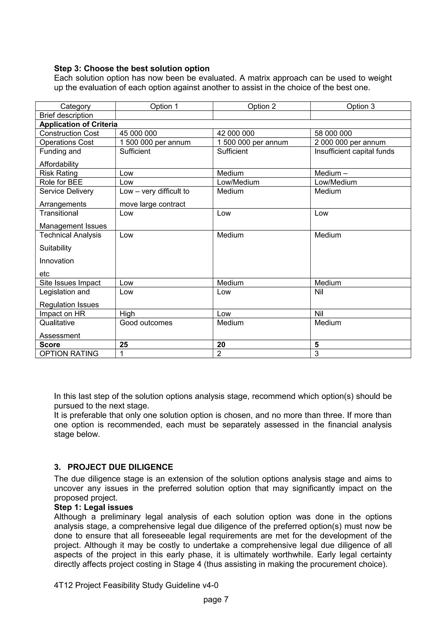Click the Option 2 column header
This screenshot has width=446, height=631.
(x=261, y=106)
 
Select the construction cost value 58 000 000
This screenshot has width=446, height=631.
(x=333, y=133)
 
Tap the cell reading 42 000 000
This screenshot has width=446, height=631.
(x=235, y=133)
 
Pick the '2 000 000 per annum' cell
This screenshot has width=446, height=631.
(x=350, y=142)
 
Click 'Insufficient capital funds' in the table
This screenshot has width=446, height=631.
(x=354, y=151)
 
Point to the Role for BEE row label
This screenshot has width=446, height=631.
(x=61, y=182)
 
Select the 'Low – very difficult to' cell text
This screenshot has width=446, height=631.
(x=154, y=191)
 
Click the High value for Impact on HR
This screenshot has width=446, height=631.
(x=127, y=314)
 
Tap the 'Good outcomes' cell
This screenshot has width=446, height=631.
(x=146, y=323)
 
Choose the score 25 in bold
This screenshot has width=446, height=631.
(x=124, y=345)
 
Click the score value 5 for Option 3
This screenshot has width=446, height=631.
(x=317, y=345)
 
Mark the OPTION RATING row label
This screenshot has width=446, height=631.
(x=69, y=353)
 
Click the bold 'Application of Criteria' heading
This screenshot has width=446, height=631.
(x=78, y=125)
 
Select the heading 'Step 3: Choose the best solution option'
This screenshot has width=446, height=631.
(x=132, y=68)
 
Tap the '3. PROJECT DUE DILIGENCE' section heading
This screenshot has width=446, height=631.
(x=113, y=467)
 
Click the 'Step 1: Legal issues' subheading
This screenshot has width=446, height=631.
(x=93, y=507)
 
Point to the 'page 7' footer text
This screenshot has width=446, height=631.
(x=216, y=599)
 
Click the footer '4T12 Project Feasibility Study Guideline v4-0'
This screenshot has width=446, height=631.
(x=136, y=585)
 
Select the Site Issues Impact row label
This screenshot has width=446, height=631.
(x=70, y=283)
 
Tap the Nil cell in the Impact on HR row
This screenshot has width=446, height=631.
(x=319, y=314)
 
